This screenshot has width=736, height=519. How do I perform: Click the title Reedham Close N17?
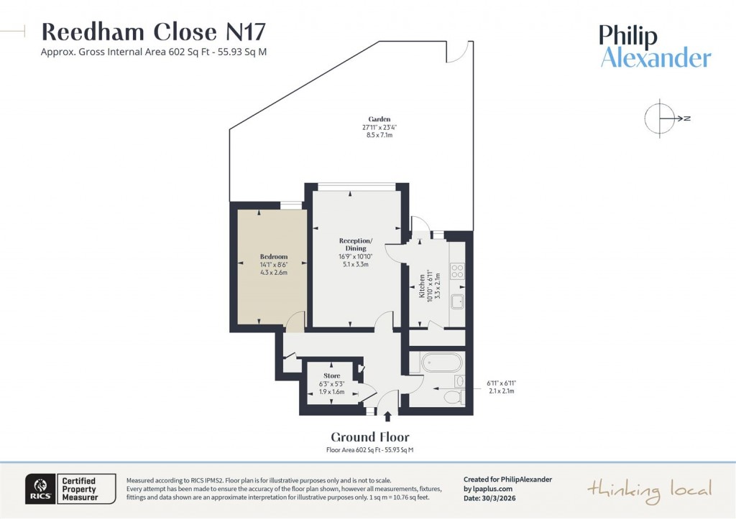tap(154, 32)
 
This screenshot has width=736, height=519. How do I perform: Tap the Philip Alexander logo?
tap(655, 47)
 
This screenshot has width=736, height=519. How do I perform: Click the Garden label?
tap(379, 119)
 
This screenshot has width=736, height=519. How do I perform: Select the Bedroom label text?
tap(274, 257)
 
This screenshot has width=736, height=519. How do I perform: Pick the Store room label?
tap(331, 376)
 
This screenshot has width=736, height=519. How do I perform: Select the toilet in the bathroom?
tap(453, 397)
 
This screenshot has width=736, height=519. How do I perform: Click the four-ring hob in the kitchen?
tap(457, 271)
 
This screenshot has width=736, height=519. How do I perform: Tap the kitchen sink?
tap(457, 301)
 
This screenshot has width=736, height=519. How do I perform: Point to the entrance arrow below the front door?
tap(388, 416)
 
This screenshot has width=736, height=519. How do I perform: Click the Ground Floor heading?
tap(370, 436)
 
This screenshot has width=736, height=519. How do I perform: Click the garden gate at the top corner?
tap(461, 52)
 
